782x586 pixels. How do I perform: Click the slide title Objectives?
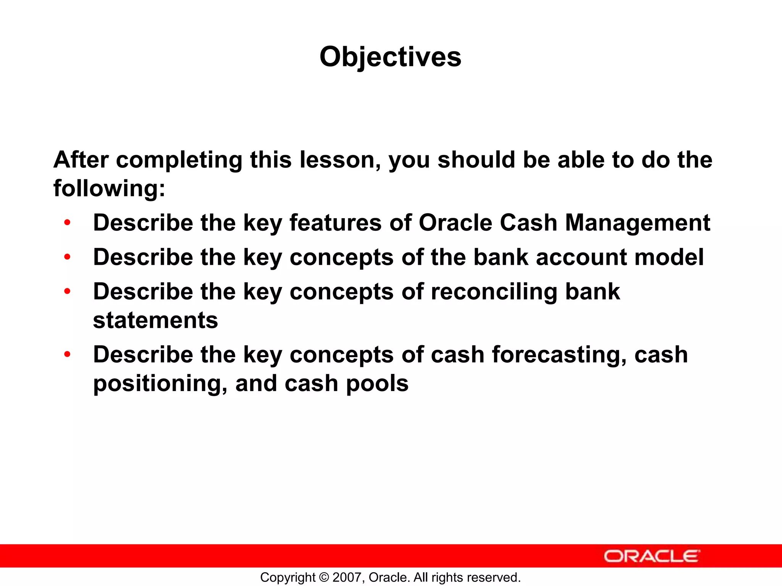point(390,57)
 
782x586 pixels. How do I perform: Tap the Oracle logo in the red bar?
point(651,556)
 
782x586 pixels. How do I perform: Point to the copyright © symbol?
point(324,577)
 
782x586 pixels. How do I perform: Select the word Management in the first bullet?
point(637,223)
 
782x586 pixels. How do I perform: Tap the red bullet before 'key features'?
point(68,222)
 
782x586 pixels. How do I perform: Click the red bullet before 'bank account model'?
point(68,257)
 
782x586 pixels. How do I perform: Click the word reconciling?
point(494,292)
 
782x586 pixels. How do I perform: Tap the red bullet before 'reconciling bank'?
point(68,291)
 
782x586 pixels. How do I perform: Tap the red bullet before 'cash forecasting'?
point(68,354)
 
